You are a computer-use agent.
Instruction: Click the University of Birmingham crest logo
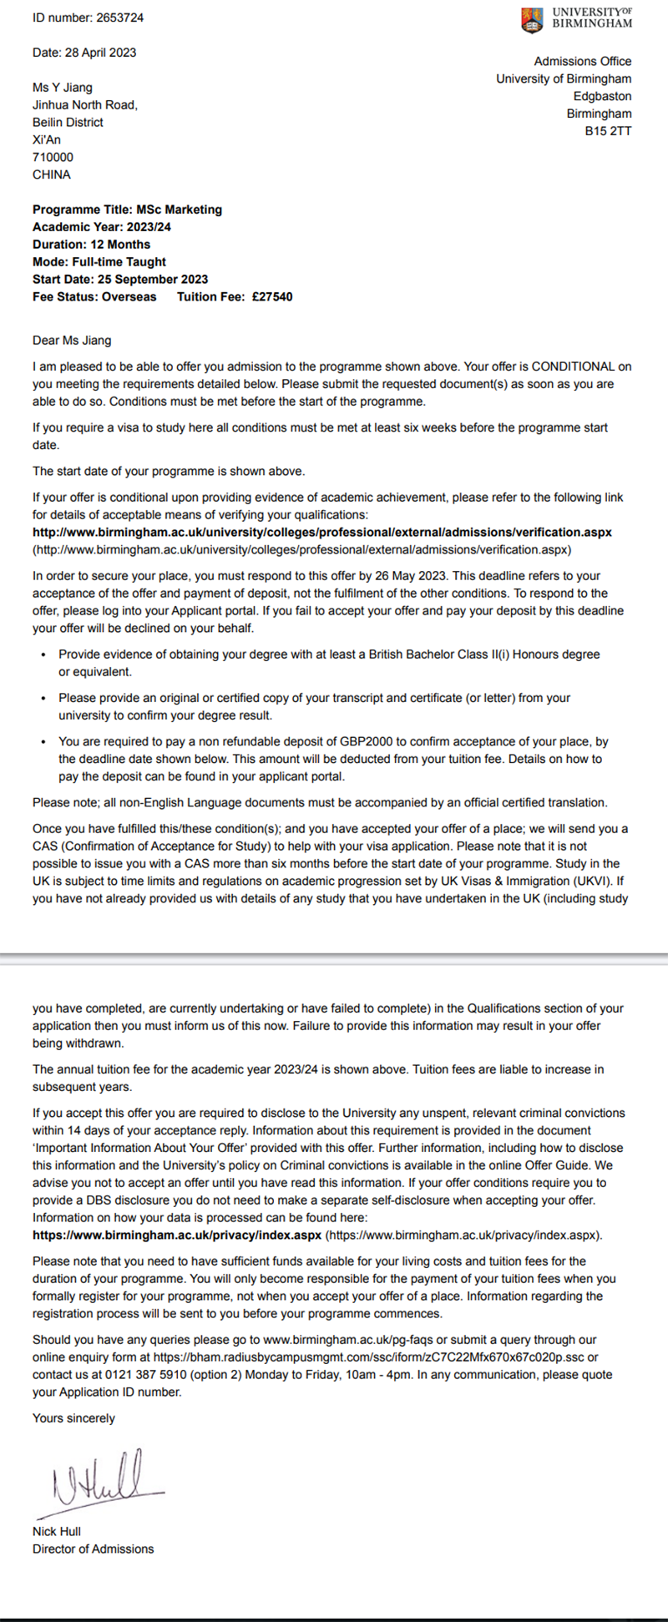coord(530,19)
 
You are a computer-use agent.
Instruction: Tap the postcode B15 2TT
coord(608,131)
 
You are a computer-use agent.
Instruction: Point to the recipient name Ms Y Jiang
coord(63,88)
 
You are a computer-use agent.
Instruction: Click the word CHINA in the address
coord(52,174)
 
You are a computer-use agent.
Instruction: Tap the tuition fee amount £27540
coord(272,296)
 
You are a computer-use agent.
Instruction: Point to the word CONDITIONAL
coord(574,366)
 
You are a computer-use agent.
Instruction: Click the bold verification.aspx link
coord(322,532)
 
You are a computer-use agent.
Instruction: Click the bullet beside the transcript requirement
coord(43,698)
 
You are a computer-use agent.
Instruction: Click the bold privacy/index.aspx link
coord(177,1235)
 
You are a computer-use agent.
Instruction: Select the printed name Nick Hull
coord(57,1531)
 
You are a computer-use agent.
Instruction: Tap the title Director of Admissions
coord(94,1549)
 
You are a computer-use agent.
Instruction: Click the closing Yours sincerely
coord(73,1417)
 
